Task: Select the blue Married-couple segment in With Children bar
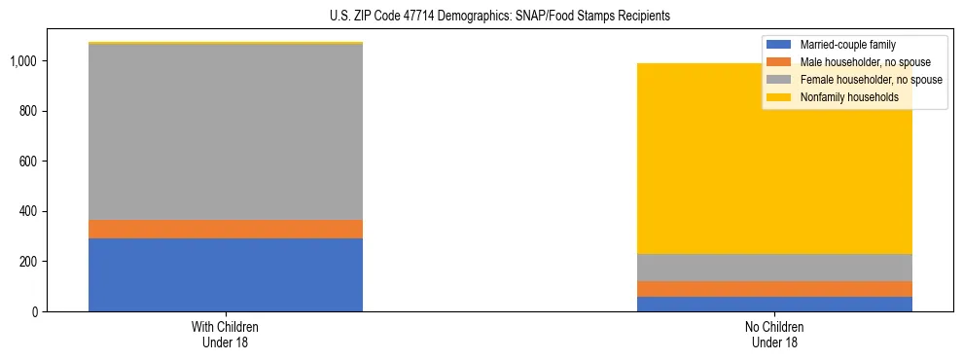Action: [226, 274]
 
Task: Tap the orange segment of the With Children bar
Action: [226, 229]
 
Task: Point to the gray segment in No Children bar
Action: [774, 268]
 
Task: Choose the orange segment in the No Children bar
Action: [774, 289]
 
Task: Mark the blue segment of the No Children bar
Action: [774, 304]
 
